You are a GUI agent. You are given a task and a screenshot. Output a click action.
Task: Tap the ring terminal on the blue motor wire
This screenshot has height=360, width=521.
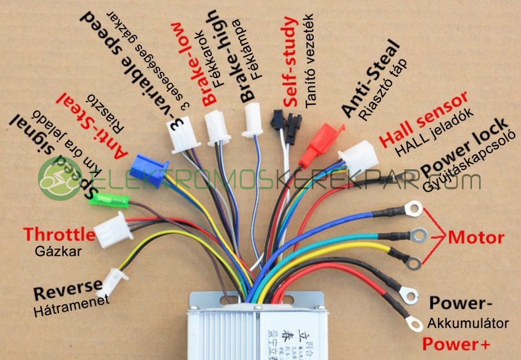coord(413,209)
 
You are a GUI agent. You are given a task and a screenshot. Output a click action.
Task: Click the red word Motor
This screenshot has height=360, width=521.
coord(476,238)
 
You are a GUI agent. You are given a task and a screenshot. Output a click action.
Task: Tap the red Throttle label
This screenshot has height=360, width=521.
coord(59,235)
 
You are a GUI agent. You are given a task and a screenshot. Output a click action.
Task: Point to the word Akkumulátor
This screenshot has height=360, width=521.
coord(468,324)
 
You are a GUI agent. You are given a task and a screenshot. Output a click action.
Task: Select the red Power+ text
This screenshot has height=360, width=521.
coord(456,344)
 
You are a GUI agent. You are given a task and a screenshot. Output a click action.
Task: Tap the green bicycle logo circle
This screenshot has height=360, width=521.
coord(60,179)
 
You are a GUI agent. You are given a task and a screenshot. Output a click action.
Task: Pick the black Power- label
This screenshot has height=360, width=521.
coord(461,303)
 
